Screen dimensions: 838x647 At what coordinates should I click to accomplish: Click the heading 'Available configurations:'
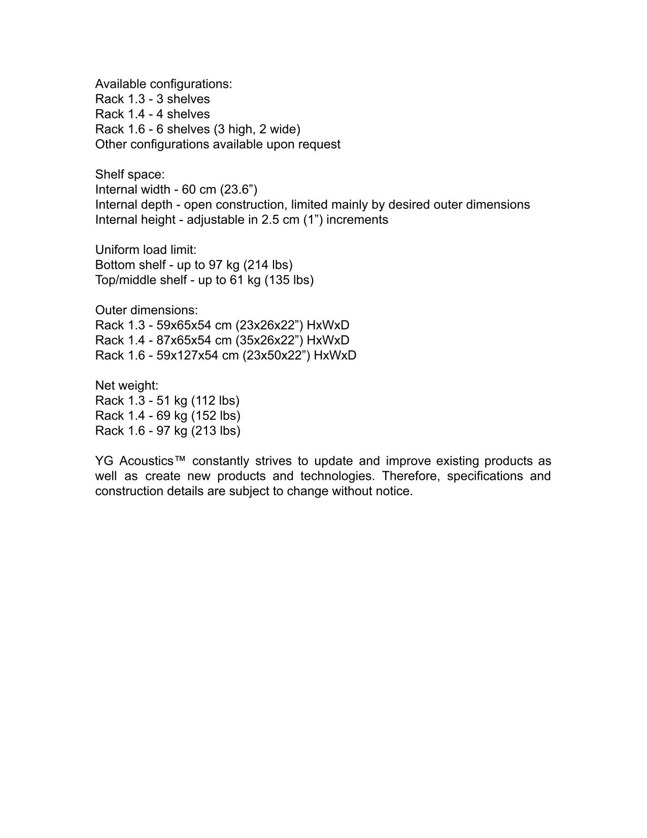tap(163, 84)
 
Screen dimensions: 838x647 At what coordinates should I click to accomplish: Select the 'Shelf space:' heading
tap(130, 174)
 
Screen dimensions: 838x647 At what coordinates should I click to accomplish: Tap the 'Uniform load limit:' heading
tap(146, 250)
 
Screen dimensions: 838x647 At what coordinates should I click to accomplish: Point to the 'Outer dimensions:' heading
tap(146, 310)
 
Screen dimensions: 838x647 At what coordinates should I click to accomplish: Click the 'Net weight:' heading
tap(127, 385)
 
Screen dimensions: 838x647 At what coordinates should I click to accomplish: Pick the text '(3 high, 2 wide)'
tap(259, 129)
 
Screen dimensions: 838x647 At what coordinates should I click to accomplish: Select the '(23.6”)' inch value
tap(239, 189)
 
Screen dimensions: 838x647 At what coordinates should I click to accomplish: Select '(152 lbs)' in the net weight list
tap(216, 415)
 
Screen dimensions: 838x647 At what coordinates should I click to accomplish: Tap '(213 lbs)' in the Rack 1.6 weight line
tap(216, 431)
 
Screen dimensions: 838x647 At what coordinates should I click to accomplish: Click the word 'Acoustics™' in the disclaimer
tap(153, 461)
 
